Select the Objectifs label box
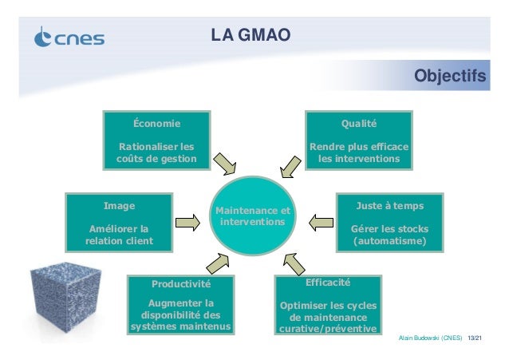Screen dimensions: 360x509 tap(449, 77)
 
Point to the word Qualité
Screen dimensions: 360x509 tap(359, 124)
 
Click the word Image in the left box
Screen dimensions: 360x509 tap(120, 204)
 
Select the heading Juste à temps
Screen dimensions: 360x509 tap(389, 204)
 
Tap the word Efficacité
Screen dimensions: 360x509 tap(328, 282)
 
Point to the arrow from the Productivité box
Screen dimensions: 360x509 tap(218, 263)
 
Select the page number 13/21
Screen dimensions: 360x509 tap(476, 338)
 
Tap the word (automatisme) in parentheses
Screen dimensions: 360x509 tap(389, 240)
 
